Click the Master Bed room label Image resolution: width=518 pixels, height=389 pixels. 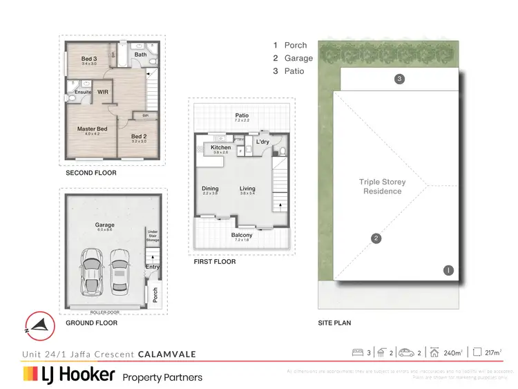pyautogui.click(x=92, y=129)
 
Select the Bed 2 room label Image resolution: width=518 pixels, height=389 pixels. pyautogui.click(x=139, y=136)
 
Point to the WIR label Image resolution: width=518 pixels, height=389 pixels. pyautogui.click(x=103, y=91)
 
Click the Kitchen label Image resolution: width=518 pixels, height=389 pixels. pyautogui.click(x=220, y=148)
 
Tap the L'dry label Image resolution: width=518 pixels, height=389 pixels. pyautogui.click(x=262, y=142)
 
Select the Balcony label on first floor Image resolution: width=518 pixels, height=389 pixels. pyautogui.click(x=242, y=235)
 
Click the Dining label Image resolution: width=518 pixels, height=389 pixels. pyautogui.click(x=210, y=188)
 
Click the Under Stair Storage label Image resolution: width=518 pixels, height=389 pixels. pyautogui.click(x=153, y=236)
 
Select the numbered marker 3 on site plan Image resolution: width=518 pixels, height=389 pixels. pyautogui.click(x=399, y=79)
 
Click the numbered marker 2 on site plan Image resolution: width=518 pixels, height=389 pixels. pyautogui.click(x=376, y=239)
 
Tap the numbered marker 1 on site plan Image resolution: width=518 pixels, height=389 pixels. pyautogui.click(x=449, y=270)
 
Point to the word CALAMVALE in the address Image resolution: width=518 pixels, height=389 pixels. pyautogui.click(x=167, y=354)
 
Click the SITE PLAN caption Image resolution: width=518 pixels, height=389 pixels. pyautogui.click(x=335, y=323)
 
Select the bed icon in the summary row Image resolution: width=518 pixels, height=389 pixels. pyautogui.click(x=358, y=353)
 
